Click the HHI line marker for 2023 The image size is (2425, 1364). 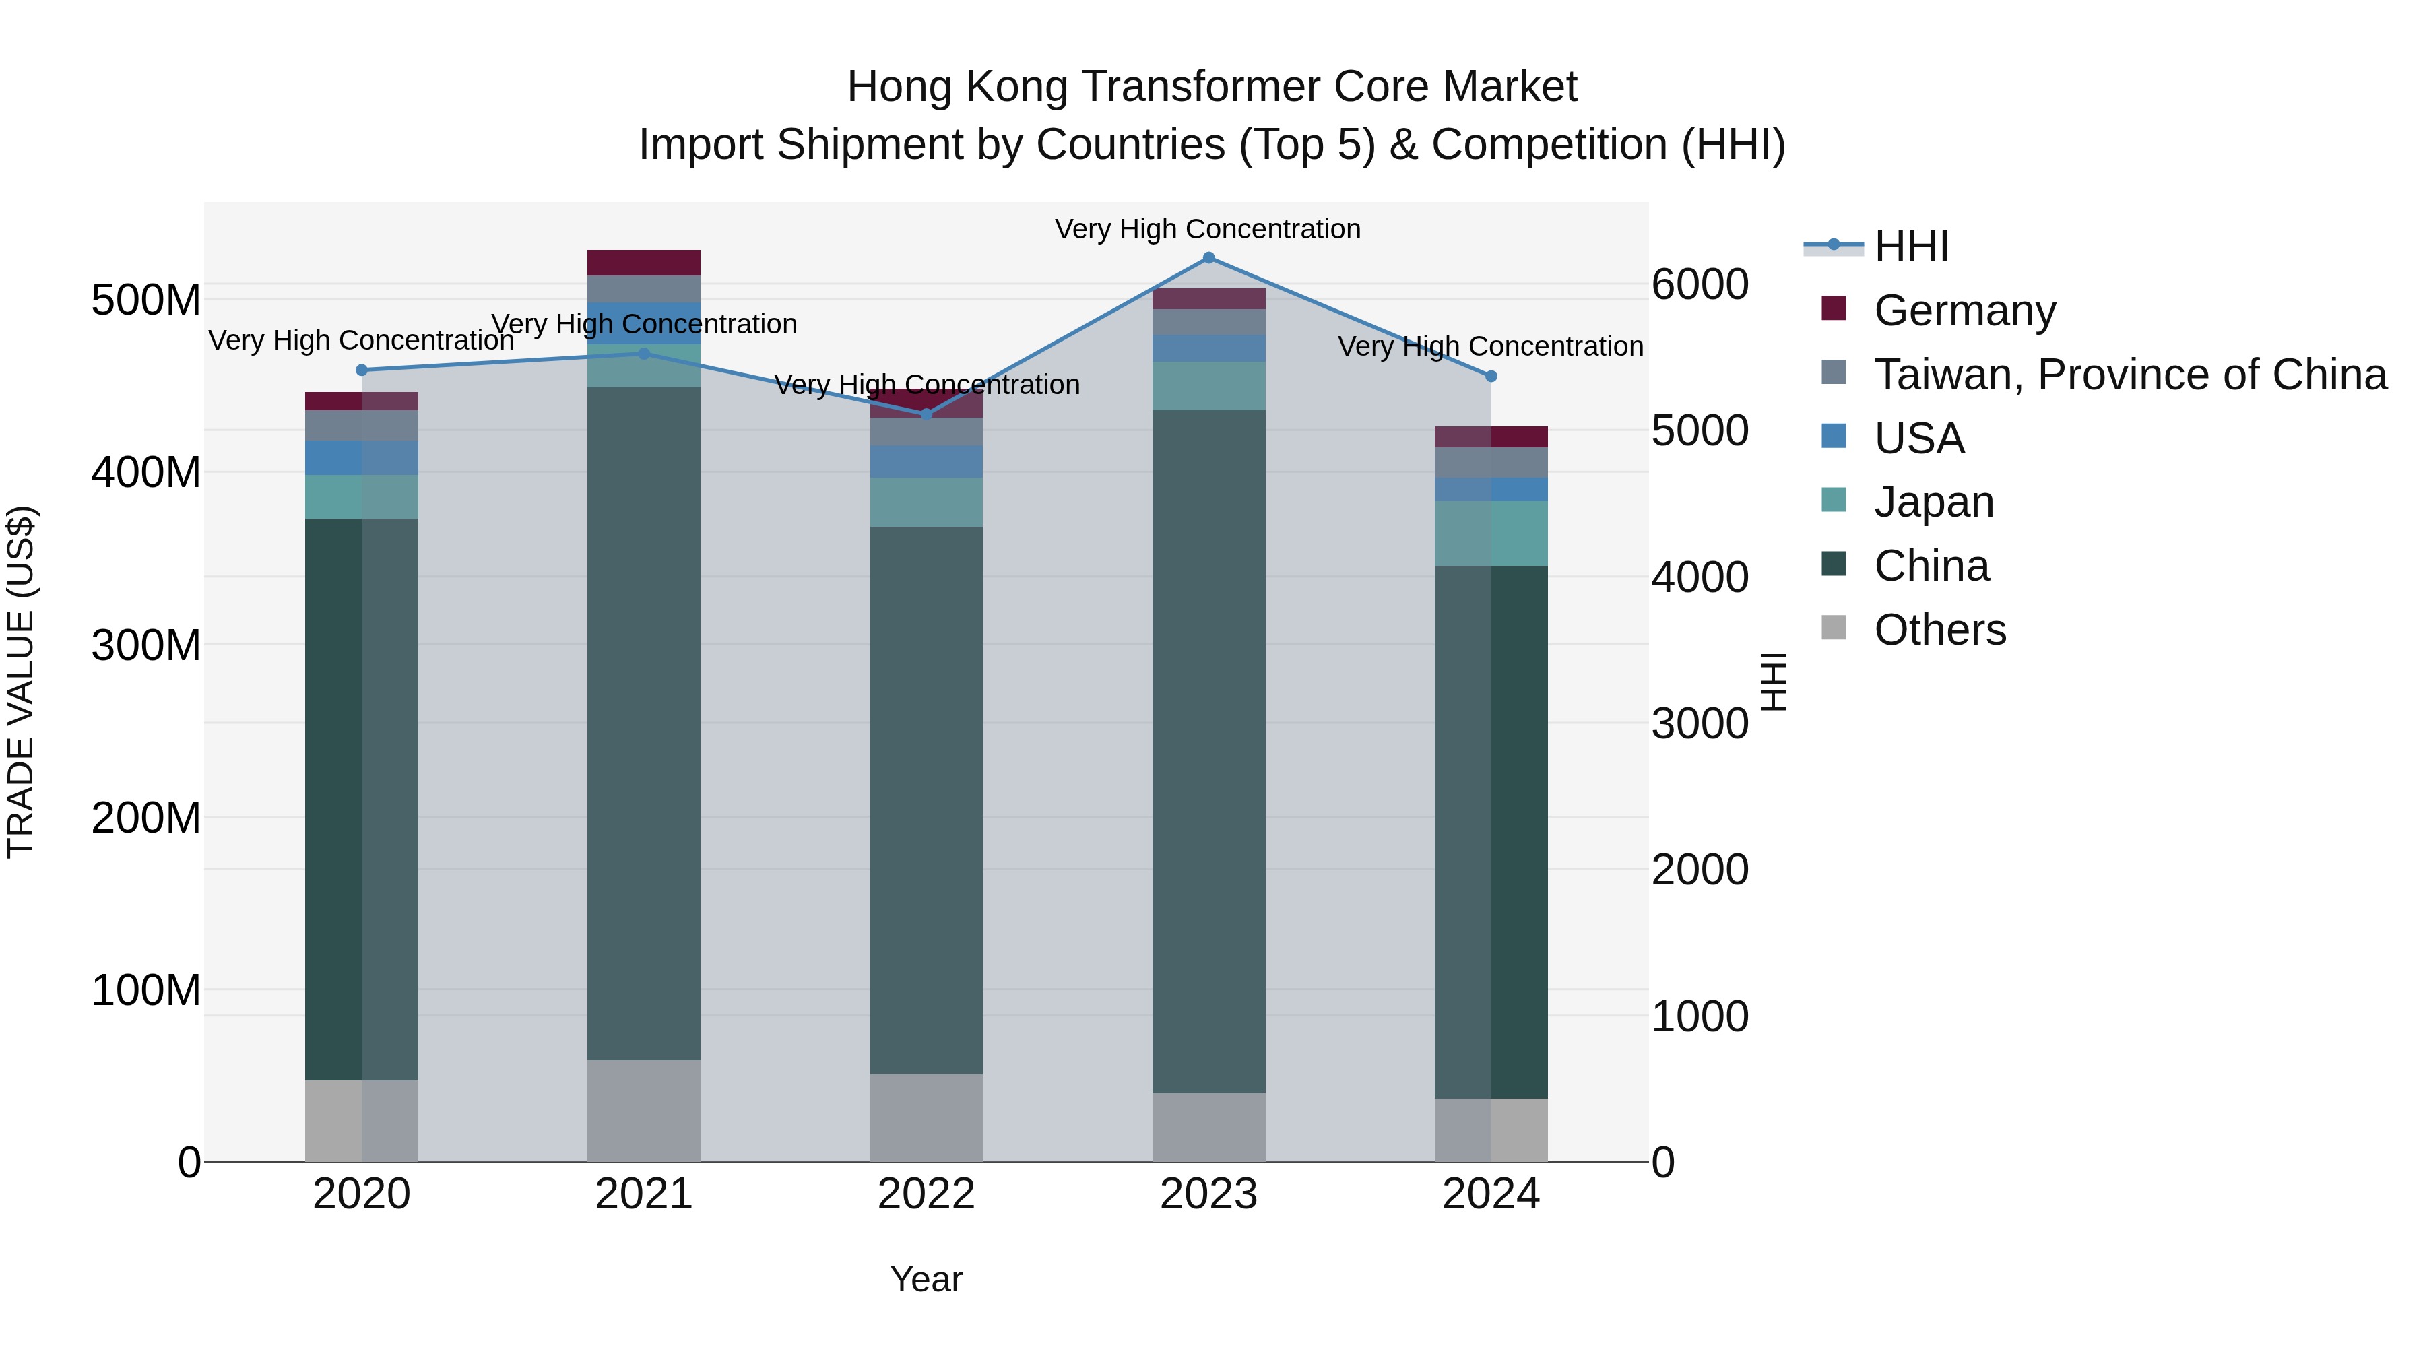point(1208,258)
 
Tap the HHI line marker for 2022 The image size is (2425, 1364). point(926,414)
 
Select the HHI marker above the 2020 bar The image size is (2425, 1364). point(362,370)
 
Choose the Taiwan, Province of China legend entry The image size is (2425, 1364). point(2129,374)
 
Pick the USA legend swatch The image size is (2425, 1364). point(1834,436)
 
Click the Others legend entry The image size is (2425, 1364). point(1939,630)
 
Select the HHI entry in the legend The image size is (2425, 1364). point(1911,247)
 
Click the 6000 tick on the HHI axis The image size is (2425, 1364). point(1700,284)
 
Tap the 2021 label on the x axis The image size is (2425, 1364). point(644,1194)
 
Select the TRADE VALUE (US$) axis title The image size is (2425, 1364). point(21,682)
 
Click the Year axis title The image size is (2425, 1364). point(926,1279)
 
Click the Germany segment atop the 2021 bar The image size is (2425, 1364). point(644,263)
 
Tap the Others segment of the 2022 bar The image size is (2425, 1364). point(926,1117)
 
